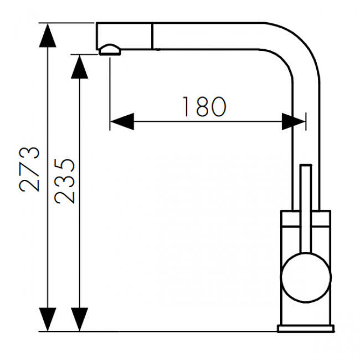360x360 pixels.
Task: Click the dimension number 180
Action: [204, 106]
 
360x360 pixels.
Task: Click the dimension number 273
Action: [29, 169]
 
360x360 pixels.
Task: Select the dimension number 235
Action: [64, 181]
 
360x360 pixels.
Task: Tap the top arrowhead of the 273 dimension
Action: [48, 35]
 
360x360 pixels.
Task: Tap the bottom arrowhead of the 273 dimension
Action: [48, 320]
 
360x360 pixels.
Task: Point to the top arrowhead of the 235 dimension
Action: [79, 66]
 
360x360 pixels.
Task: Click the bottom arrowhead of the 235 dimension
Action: [79, 320]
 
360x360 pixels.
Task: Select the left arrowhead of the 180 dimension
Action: [122, 121]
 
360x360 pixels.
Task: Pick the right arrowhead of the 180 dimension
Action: [294, 121]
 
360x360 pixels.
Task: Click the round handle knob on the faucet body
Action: [306, 277]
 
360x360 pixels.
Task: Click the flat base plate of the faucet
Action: [306, 328]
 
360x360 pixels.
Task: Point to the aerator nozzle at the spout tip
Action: [110, 50]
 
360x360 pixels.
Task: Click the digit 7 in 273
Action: [29, 169]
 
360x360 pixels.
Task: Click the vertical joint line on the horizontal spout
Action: [152, 36]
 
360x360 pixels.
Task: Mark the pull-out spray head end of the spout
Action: [124, 36]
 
